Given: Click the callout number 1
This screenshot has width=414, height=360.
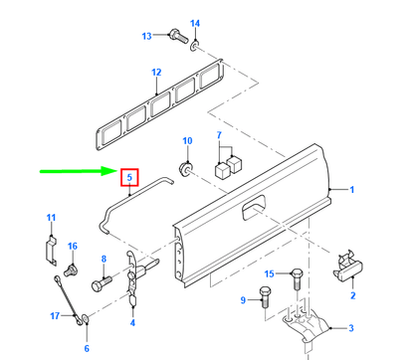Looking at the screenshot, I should point(351,188).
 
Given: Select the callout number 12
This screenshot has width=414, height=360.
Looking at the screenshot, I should point(155,73).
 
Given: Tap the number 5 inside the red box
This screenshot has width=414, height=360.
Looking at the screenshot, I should point(127,179).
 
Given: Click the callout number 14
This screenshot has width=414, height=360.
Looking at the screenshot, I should point(195,23).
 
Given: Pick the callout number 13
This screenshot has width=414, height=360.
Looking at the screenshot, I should point(147,36).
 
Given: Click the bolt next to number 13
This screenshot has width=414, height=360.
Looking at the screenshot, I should point(174,37).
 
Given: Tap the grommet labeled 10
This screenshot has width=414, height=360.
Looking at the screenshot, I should point(186,166).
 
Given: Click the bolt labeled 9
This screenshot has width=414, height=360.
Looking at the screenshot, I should point(264,296).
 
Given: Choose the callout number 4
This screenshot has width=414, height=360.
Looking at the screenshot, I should point(132,322).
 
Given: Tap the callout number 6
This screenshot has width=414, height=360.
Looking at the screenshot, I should point(86,347).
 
